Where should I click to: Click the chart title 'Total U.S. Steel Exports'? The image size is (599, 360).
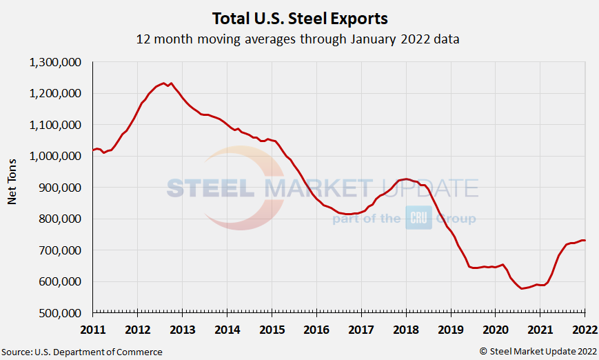coord(298,17)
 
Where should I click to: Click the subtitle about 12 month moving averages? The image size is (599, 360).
coord(298,39)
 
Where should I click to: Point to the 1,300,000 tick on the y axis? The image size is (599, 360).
coord(57,62)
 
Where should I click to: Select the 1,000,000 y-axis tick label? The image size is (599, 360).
coord(57,156)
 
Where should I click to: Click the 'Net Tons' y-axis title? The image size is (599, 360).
coord(12,187)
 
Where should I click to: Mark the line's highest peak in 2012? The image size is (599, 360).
coord(163,83)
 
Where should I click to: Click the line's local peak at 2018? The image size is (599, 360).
coord(406,179)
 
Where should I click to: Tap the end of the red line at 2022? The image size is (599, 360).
coord(585,241)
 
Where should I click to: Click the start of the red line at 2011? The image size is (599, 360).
coord(93,150)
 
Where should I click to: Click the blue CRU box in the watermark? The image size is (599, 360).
coord(418,217)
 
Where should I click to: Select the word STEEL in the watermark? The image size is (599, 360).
coord(213,188)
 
